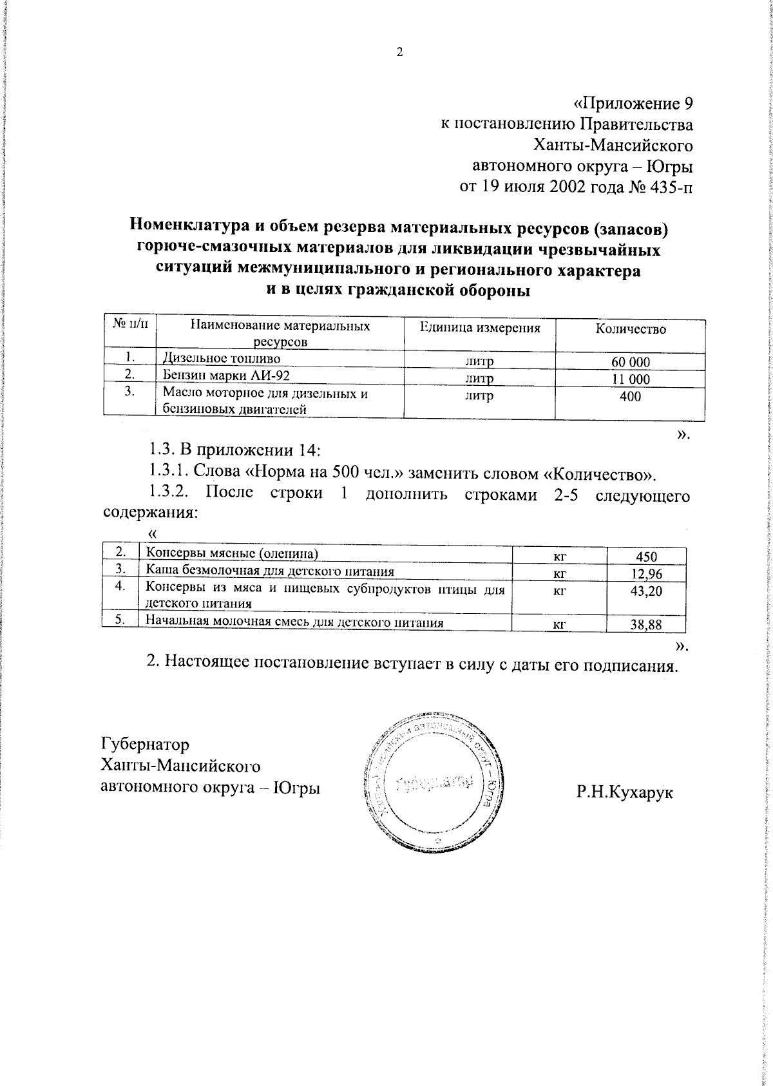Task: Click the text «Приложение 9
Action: [x=633, y=104]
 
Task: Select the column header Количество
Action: [x=630, y=329]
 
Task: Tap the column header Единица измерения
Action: [x=479, y=328]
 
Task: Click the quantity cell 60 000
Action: [x=630, y=362]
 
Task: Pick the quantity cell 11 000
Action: [x=630, y=379]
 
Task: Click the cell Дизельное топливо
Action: [x=221, y=358]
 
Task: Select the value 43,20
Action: [x=646, y=591]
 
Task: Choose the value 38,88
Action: [x=646, y=624]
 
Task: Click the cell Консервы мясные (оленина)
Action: [x=232, y=553]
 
